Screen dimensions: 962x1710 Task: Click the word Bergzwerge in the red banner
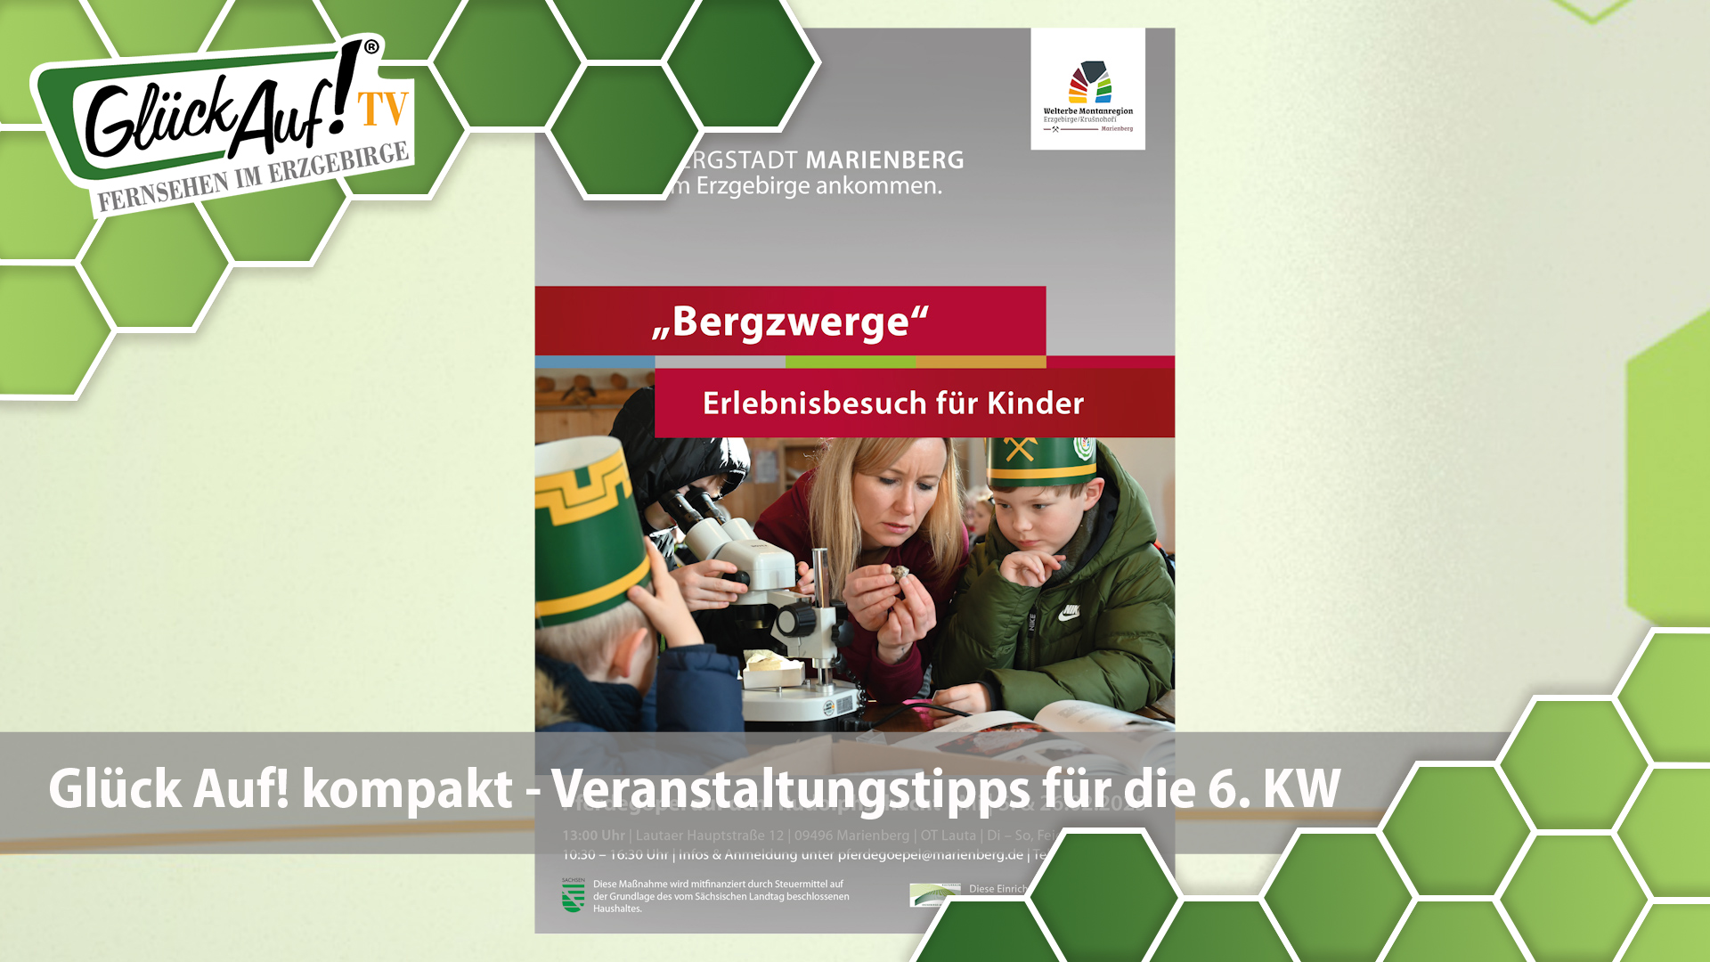click(790, 322)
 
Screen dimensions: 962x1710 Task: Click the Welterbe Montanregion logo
click(1087, 89)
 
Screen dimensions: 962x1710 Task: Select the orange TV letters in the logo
click(383, 110)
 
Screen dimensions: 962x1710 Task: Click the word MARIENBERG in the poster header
click(884, 160)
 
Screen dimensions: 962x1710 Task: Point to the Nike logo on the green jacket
click(1070, 612)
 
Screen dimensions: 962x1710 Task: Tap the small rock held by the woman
click(900, 574)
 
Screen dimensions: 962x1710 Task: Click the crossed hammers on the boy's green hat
click(1021, 450)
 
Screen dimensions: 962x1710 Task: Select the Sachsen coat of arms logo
click(573, 896)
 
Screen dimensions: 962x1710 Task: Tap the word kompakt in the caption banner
click(407, 789)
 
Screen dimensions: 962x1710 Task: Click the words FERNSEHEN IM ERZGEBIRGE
click(253, 177)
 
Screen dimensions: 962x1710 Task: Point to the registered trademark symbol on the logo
click(371, 46)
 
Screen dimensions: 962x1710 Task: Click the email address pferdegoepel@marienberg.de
click(930, 855)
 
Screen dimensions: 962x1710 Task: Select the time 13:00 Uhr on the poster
click(593, 836)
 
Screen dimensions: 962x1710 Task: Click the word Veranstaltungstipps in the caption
click(789, 789)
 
